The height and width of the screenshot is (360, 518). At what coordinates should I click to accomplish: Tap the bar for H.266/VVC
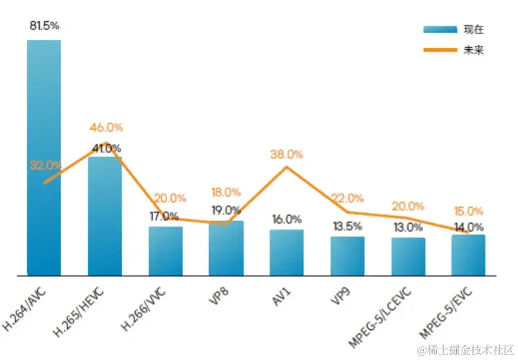click(x=165, y=251)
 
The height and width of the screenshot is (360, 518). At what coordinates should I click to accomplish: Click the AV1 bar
click(x=286, y=252)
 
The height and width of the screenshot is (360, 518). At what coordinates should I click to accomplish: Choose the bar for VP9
click(x=348, y=256)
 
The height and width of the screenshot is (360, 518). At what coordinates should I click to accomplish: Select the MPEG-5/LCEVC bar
click(x=408, y=256)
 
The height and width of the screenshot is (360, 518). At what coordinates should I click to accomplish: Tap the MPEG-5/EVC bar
click(x=468, y=255)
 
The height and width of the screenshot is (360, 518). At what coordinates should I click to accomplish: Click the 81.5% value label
click(x=44, y=26)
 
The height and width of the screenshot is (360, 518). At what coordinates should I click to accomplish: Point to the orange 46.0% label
click(x=107, y=128)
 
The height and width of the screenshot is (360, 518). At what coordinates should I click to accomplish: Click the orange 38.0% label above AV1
click(x=286, y=154)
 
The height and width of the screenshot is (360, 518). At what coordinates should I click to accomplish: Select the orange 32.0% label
click(x=45, y=166)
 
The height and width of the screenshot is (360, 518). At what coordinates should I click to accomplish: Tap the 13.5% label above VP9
click(x=348, y=226)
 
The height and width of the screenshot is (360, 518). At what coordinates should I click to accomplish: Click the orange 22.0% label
click(x=348, y=198)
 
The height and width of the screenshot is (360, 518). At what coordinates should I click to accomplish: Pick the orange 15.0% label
click(x=469, y=212)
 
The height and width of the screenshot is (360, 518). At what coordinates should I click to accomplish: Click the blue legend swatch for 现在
click(x=439, y=29)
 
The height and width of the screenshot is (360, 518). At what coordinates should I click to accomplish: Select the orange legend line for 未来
click(x=439, y=50)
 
